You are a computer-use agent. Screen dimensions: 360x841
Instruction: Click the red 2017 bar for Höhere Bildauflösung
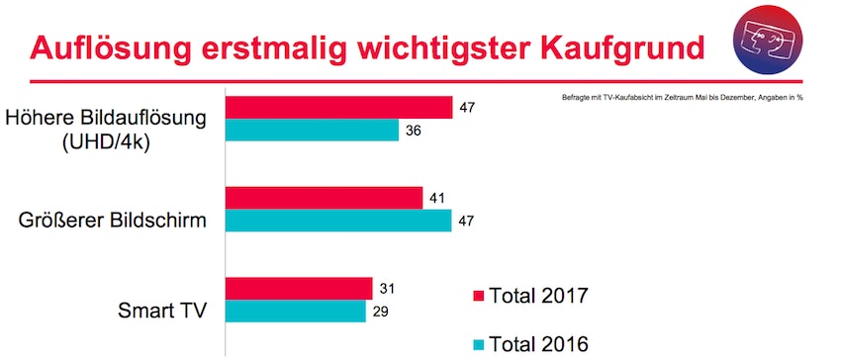click(x=338, y=107)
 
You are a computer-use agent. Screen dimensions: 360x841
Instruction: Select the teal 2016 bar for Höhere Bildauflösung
click(x=312, y=131)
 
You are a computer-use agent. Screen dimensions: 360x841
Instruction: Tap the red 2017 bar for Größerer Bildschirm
click(x=324, y=197)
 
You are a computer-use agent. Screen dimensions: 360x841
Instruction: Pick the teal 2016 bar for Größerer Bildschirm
click(x=338, y=220)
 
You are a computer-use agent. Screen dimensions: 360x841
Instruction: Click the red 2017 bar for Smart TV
click(x=299, y=288)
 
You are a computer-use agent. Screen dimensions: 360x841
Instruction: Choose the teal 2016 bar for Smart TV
click(x=296, y=311)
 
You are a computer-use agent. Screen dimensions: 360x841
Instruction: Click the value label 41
click(x=437, y=197)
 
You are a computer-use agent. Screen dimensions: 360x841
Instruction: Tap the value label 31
click(x=387, y=288)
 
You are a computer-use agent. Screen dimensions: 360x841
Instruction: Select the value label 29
click(x=380, y=311)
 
